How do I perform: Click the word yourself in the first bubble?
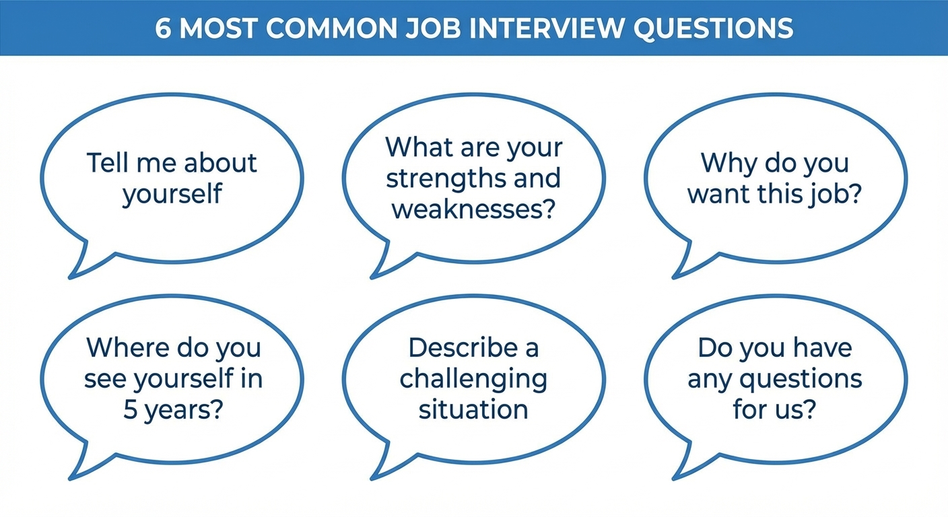172,195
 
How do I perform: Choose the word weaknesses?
473,209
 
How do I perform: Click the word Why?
722,164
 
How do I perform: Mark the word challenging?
473,380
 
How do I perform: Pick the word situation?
473,410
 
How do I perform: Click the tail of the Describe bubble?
381,471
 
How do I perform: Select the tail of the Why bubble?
683,269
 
